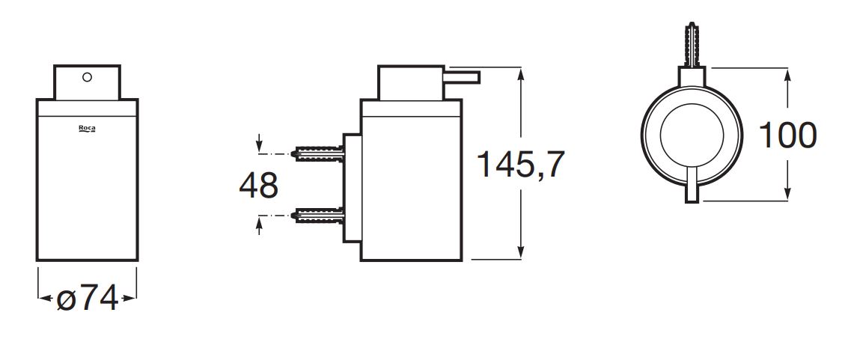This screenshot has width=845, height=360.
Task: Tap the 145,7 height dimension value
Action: click(521, 164)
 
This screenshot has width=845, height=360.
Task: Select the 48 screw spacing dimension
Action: click(259, 185)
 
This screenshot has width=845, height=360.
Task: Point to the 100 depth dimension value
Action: click(787, 135)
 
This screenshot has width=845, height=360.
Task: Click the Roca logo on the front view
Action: click(87, 128)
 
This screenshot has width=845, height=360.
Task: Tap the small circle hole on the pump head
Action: click(88, 77)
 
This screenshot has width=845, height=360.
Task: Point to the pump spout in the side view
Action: click(461, 77)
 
